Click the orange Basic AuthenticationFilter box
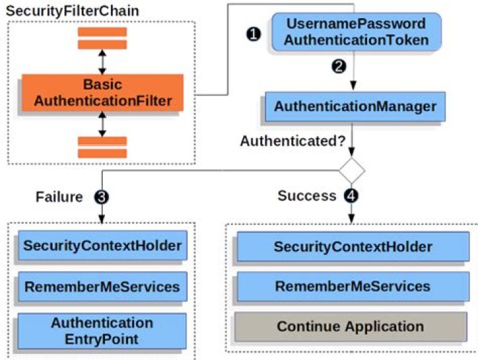pyautogui.click(x=102, y=93)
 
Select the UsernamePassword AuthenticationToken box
pyautogui.click(x=357, y=32)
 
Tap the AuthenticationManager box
pyautogui.click(x=355, y=106)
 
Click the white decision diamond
pyautogui.click(x=352, y=171)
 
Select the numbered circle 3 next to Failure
pyautogui.click(x=101, y=197)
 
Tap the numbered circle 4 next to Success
pyautogui.click(x=351, y=196)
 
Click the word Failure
pyautogui.click(x=60, y=197)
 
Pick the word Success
pyautogui.click(x=307, y=196)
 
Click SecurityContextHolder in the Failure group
pyautogui.click(x=102, y=246)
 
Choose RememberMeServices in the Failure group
pyautogui.click(x=102, y=287)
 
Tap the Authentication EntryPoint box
pyautogui.click(x=102, y=330)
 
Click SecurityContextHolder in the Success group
pyautogui.click(x=353, y=247)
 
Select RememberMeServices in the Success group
pyautogui.click(x=353, y=287)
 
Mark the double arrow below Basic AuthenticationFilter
pyautogui.click(x=102, y=124)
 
